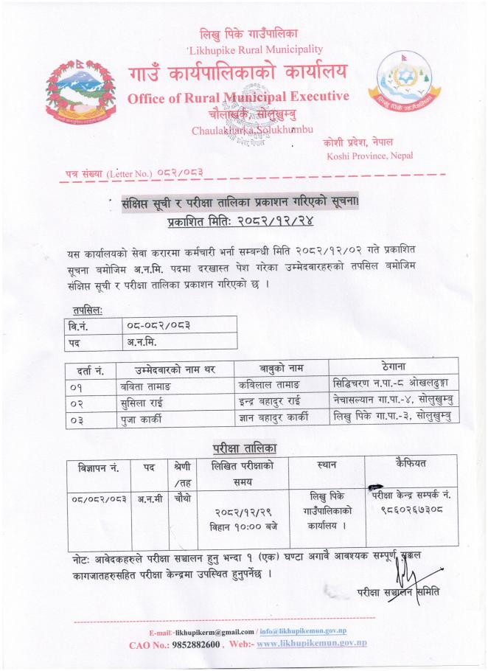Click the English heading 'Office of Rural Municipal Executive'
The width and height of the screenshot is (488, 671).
click(x=237, y=99)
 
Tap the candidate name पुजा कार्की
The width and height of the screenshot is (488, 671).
click(x=139, y=419)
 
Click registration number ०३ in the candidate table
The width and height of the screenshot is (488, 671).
click(x=78, y=419)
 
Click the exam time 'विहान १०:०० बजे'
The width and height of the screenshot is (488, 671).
click(x=243, y=526)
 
